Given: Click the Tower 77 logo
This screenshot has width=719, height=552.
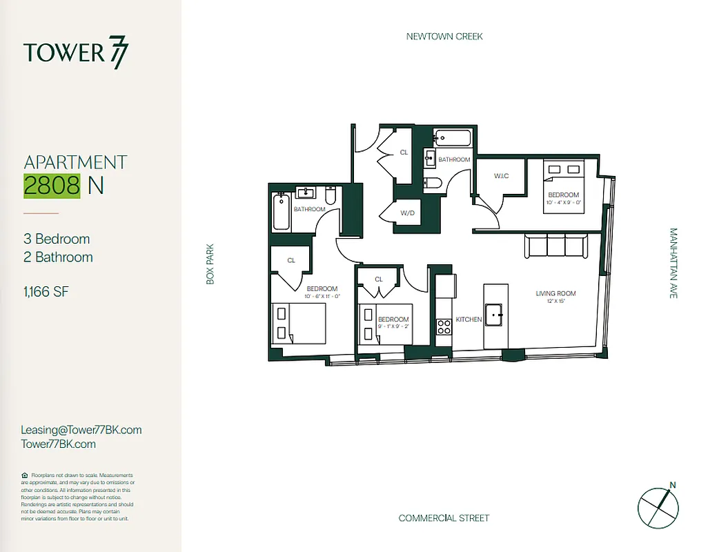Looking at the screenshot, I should pos(76,53).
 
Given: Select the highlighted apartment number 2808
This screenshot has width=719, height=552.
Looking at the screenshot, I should pos(52,186).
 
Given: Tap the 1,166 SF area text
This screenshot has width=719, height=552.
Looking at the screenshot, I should pos(46,291).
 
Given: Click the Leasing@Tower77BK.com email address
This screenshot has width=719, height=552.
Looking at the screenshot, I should pos(81,430).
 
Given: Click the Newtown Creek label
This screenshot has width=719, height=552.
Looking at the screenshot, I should pos(444,37).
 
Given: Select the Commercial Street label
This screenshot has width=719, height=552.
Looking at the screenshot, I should pos(444,518).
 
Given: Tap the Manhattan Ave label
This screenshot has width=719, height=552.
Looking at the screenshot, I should pos(673,263).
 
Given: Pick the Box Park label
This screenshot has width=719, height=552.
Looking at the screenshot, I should pos(210,263).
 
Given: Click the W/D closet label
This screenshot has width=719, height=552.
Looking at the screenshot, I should pos(407,213).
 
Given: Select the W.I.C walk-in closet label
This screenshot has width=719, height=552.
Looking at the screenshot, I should pos(501,176).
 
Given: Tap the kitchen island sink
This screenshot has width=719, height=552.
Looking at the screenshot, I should pos(494,315).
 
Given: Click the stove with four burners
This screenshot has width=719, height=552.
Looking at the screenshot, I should pos(444,326).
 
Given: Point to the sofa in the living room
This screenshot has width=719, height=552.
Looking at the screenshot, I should pos(555,246).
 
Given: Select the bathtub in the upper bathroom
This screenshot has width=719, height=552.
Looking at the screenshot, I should pos(453,137).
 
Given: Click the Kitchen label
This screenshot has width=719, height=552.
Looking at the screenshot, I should pos(469,319).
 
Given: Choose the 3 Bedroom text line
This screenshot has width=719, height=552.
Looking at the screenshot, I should pos(57,239).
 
